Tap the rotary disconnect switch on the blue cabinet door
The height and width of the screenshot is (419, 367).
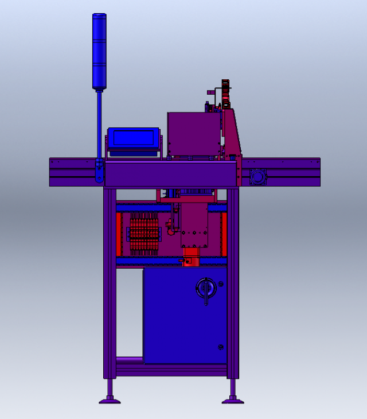coord(206,286)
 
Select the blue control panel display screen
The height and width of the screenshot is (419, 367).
coord(133,138)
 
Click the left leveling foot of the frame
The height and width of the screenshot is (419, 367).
coord(110,399)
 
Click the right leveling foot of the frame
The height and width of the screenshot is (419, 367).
coord(233,399)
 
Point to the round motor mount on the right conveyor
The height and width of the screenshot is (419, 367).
coord(257,177)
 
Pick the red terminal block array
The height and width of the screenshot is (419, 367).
coord(143,233)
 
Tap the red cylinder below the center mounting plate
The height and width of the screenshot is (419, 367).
coord(191,259)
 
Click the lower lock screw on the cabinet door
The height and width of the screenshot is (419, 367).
coord(221,347)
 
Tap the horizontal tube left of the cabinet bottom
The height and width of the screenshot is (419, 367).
coord(130,360)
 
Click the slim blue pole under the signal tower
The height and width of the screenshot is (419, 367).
coord(99,123)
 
